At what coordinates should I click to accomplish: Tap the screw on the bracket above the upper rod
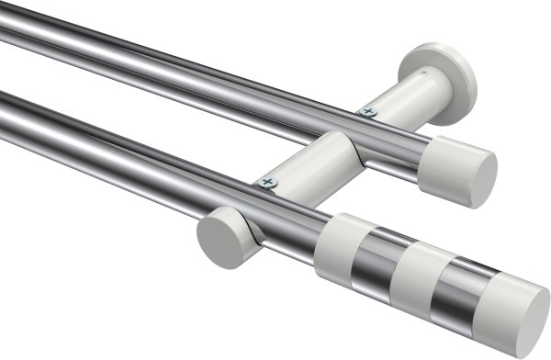[x=369, y=112]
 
